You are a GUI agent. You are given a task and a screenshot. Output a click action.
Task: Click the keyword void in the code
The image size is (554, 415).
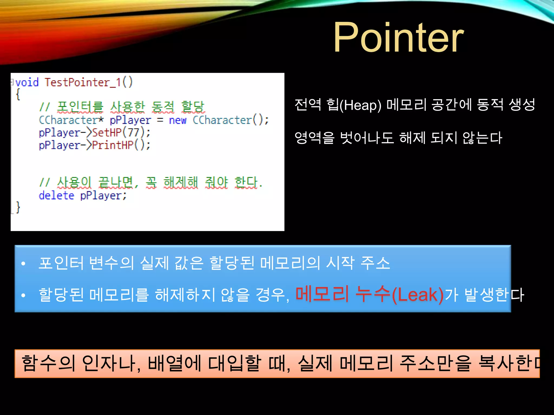(x=27, y=82)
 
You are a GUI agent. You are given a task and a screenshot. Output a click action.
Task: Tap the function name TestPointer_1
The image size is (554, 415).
(x=83, y=82)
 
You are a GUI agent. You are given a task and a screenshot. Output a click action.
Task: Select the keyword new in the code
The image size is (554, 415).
(x=177, y=120)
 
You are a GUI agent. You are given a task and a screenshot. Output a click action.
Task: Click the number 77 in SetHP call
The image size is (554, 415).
(x=133, y=132)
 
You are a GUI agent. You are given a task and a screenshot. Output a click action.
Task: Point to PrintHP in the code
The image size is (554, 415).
(x=113, y=145)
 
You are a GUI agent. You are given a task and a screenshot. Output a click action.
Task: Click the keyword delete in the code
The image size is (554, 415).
(x=56, y=195)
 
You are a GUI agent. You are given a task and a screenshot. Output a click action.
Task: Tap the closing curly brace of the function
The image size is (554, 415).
(x=18, y=207)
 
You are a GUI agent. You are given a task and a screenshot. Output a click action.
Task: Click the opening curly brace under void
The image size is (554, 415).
(x=18, y=95)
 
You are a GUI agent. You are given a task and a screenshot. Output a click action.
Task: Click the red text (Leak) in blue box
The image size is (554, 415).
(x=417, y=294)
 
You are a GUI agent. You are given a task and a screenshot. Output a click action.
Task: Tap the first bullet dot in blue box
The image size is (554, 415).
(x=23, y=263)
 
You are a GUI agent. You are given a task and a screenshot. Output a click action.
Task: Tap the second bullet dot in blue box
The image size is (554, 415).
(x=23, y=295)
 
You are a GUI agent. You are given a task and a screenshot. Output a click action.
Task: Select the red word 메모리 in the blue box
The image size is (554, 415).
(x=322, y=294)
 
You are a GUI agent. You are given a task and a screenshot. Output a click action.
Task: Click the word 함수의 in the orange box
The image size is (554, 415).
(x=48, y=363)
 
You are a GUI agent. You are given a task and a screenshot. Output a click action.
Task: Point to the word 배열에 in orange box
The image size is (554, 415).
(x=174, y=363)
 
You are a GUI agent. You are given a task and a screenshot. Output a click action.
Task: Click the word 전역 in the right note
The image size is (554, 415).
(x=308, y=105)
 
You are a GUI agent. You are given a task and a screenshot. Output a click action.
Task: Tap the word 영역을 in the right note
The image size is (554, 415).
(x=314, y=138)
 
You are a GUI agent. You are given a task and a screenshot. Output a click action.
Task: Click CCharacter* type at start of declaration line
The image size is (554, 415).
(x=71, y=120)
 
